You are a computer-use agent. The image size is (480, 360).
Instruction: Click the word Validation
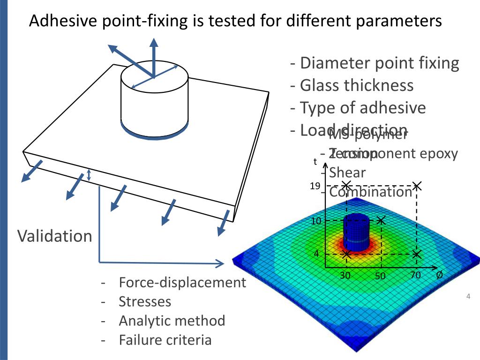[x=55, y=236]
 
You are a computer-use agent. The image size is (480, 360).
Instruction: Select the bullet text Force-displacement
[x=182, y=283]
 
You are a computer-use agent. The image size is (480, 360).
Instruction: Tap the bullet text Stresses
[x=145, y=301]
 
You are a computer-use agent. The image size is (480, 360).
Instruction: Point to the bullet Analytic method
[x=172, y=321]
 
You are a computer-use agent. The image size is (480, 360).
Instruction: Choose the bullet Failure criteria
[x=165, y=340]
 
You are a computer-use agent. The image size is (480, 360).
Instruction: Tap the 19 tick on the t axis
[x=315, y=186]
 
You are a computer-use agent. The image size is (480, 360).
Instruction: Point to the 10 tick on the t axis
[x=316, y=221]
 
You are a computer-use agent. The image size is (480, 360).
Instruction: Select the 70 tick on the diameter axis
[x=415, y=275]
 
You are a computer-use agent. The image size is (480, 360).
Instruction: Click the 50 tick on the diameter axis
[x=380, y=276]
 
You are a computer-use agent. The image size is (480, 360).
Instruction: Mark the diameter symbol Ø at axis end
[x=439, y=275]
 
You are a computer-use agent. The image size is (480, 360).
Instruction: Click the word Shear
[x=347, y=172]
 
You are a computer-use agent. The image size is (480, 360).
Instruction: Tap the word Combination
[x=370, y=192]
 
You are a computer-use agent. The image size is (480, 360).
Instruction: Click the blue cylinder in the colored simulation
[x=356, y=232]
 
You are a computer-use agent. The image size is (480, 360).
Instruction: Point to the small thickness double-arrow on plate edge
[x=89, y=175]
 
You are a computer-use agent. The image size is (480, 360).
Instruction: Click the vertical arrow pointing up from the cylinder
[x=154, y=56]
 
